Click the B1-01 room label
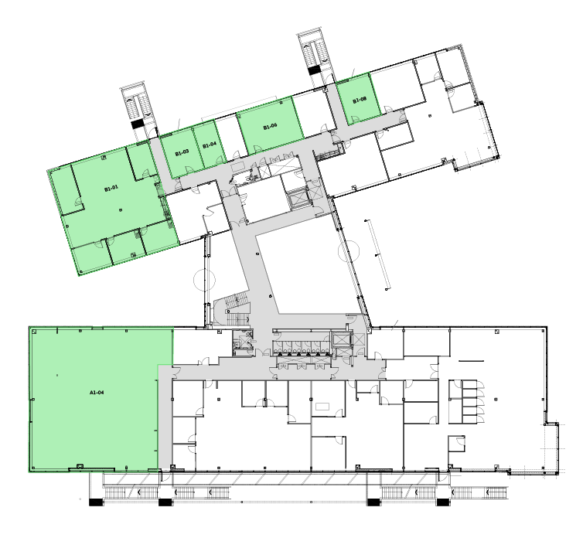111,188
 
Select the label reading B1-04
209,145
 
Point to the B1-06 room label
270,126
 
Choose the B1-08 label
359,100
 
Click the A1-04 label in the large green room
97,393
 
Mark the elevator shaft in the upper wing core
297,198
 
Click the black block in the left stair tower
137,123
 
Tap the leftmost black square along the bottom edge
95,502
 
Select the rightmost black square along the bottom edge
443,502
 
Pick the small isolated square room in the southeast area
457,444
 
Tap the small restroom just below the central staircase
243,340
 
